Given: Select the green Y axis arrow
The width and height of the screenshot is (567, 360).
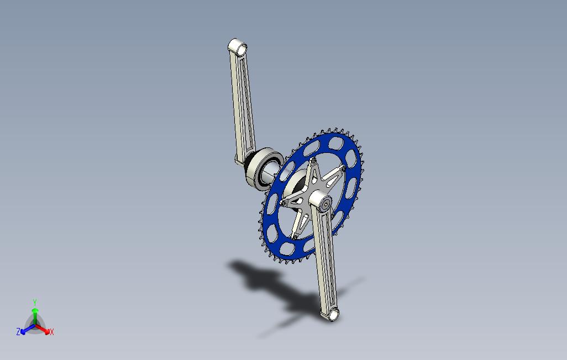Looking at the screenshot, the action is pyautogui.click(x=35, y=316).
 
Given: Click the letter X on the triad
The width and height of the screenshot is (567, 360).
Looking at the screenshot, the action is pyautogui.click(x=52, y=332).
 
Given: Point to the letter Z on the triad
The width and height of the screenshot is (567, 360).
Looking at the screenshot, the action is pyautogui.click(x=18, y=331).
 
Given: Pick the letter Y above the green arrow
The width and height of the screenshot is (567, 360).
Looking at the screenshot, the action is pyautogui.click(x=35, y=302).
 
